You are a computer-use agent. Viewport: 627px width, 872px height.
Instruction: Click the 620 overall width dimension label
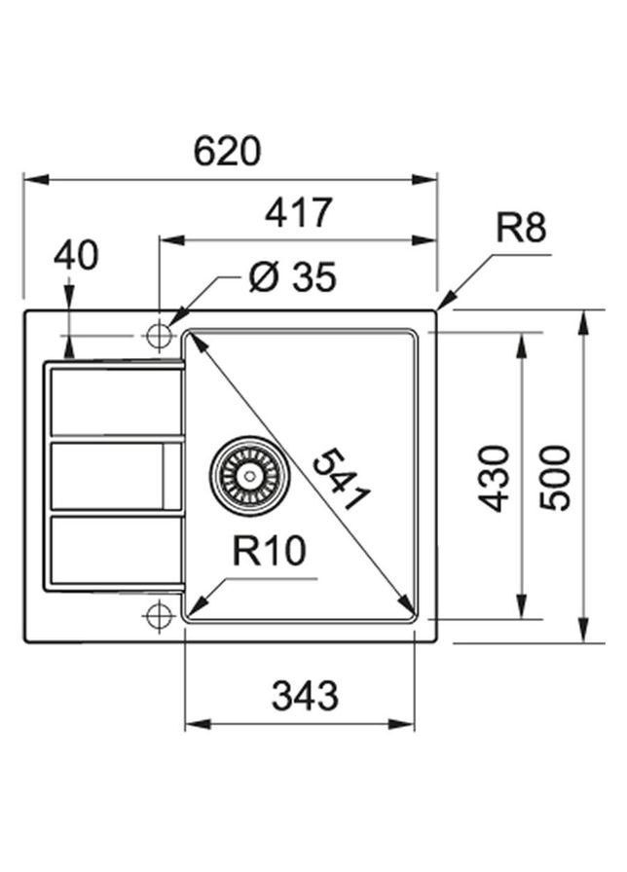coord(227,152)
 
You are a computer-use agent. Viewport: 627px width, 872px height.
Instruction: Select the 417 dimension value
coord(299,212)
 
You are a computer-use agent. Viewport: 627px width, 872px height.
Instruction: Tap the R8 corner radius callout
coord(521,229)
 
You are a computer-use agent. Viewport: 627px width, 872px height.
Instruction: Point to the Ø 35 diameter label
coord(291,278)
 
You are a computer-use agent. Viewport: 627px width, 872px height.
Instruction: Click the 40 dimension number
coord(76,256)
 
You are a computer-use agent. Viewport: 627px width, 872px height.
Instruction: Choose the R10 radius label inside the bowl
coord(269,552)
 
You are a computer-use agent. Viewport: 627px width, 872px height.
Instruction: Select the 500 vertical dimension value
coord(555,478)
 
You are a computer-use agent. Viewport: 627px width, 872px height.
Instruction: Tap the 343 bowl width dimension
coord(305,696)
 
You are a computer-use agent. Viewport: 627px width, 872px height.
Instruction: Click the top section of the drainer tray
coord(115,401)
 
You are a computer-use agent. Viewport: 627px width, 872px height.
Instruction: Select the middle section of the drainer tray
coord(115,475)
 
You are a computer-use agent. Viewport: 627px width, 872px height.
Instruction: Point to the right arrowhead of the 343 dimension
coord(408,724)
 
